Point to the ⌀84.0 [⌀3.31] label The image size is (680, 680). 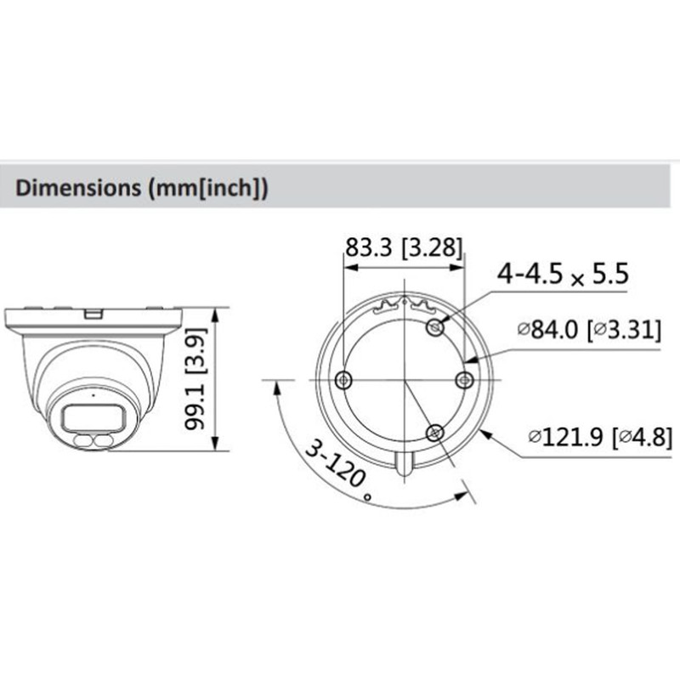[588, 328]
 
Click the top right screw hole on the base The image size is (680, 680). [435, 327]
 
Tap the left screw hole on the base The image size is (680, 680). [343, 379]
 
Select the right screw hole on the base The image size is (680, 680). [463, 380]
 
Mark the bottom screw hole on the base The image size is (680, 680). [435, 433]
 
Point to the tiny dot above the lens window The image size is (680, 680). [82, 395]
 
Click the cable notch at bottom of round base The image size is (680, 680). [405, 463]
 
